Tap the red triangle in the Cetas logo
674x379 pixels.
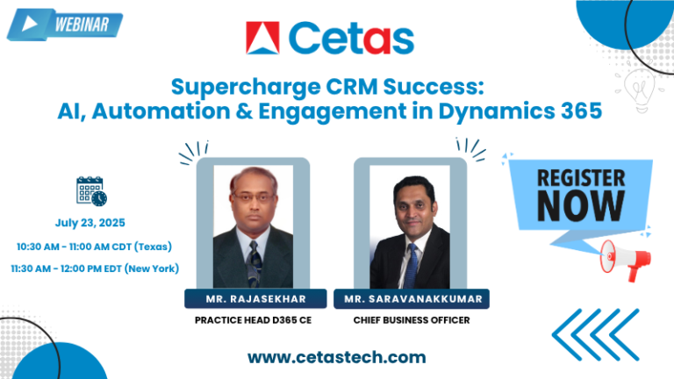coord(262,39)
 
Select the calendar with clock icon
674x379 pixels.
coord(90,191)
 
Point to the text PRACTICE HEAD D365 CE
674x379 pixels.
coord(253,319)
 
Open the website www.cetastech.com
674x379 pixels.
coord(336,356)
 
